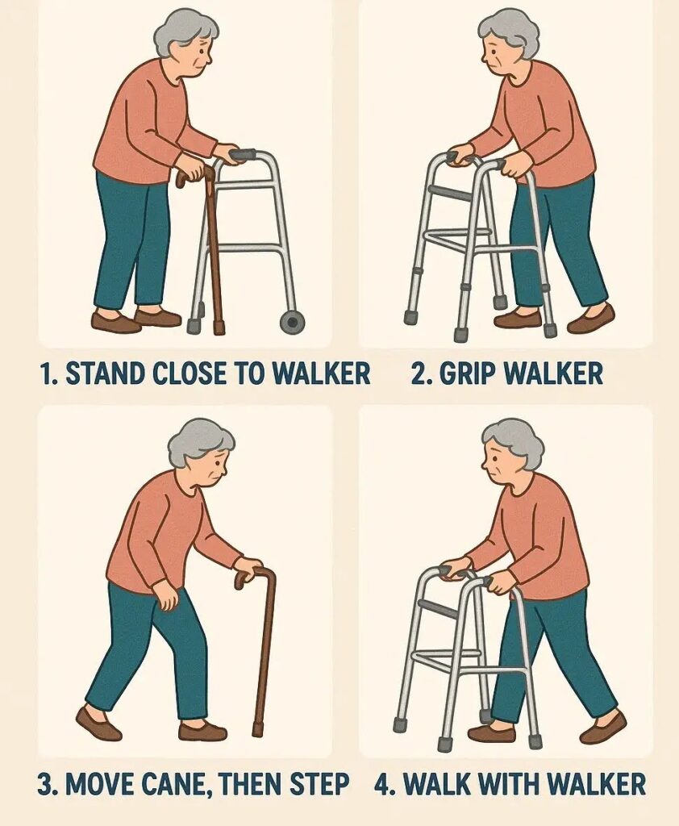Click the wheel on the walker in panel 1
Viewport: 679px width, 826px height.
pyautogui.click(x=291, y=322)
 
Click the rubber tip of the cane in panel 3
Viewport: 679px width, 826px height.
pyautogui.click(x=257, y=729)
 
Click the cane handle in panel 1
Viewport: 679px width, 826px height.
pyautogui.click(x=192, y=175)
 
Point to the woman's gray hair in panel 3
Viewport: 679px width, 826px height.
pyautogui.click(x=202, y=441)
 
